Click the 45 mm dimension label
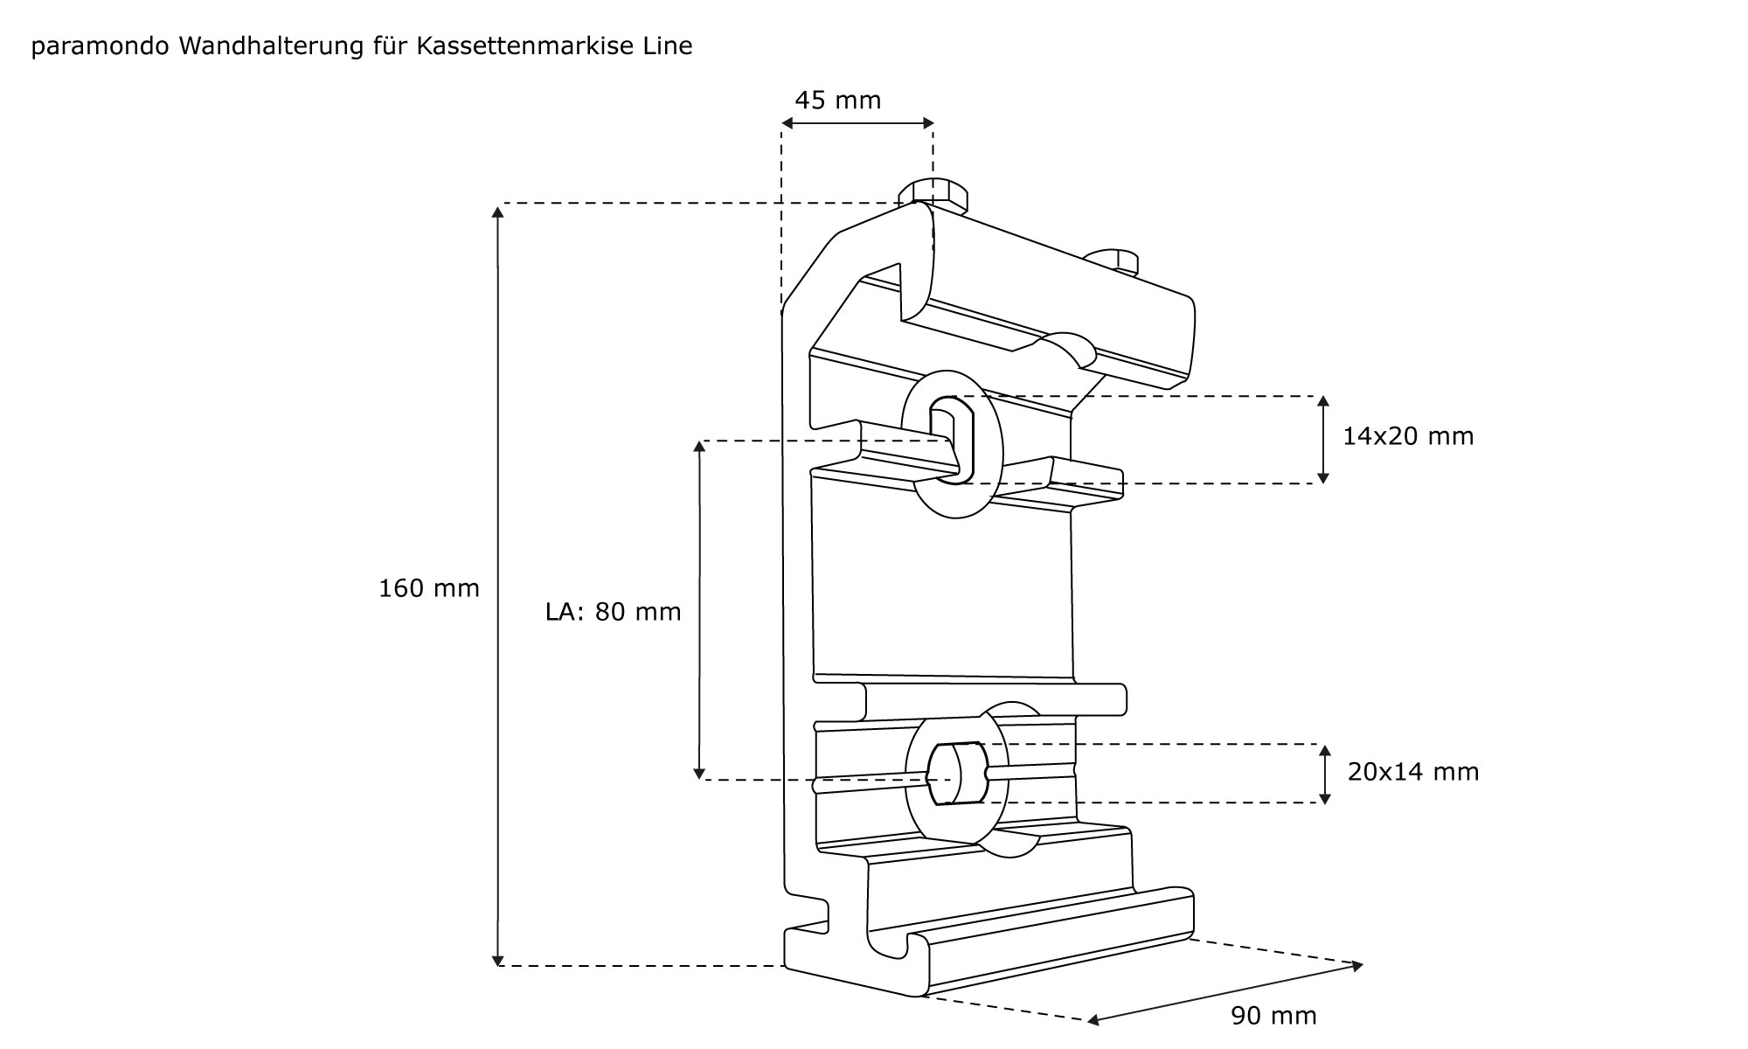tap(837, 101)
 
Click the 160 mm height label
tap(429, 588)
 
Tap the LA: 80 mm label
tap(613, 612)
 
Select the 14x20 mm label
tap(1408, 436)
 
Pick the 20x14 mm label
tap(1413, 772)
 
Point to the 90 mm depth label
tap(1273, 1016)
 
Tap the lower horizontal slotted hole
tap(957, 774)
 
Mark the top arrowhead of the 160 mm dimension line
tap(498, 211)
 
